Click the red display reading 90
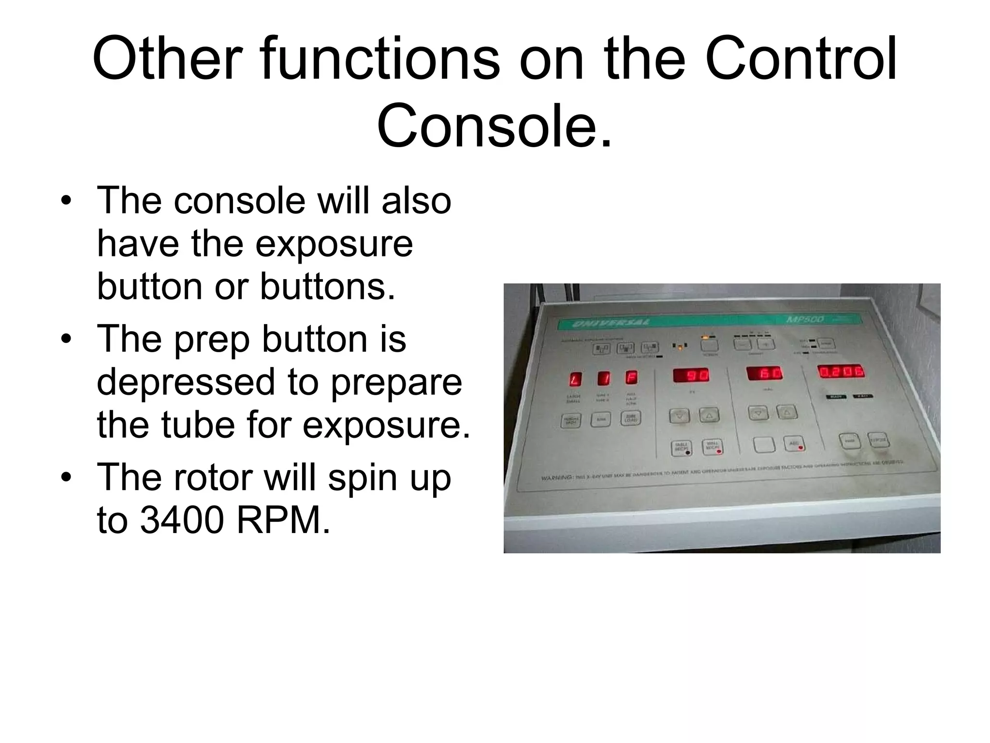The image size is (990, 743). click(x=691, y=375)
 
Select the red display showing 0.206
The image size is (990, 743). click(x=841, y=372)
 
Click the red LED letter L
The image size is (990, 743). click(x=575, y=379)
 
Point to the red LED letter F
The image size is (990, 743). click(x=631, y=377)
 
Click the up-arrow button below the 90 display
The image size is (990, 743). click(x=709, y=415)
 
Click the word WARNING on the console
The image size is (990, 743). click(x=557, y=477)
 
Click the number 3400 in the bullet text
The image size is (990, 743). click(x=182, y=520)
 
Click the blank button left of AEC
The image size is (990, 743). click(x=764, y=445)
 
